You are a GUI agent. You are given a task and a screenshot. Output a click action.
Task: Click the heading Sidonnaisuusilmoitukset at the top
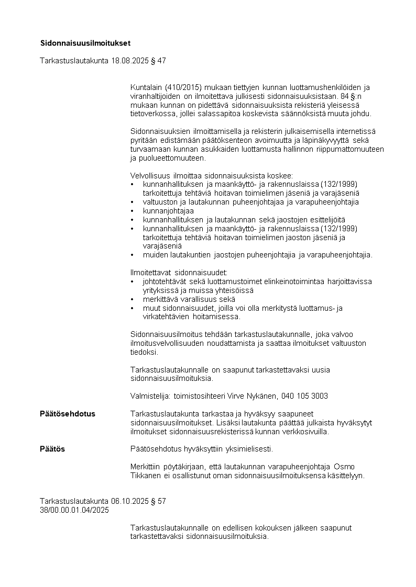click(x=85, y=43)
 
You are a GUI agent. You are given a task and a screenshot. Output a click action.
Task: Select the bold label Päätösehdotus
click(x=68, y=414)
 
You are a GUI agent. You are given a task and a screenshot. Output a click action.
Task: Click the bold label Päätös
click(x=52, y=449)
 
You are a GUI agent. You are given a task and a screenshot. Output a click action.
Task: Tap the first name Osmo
click(x=344, y=467)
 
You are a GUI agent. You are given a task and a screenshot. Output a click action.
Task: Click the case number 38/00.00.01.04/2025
click(x=74, y=510)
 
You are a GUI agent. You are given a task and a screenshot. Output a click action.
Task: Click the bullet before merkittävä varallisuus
click(x=132, y=299)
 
